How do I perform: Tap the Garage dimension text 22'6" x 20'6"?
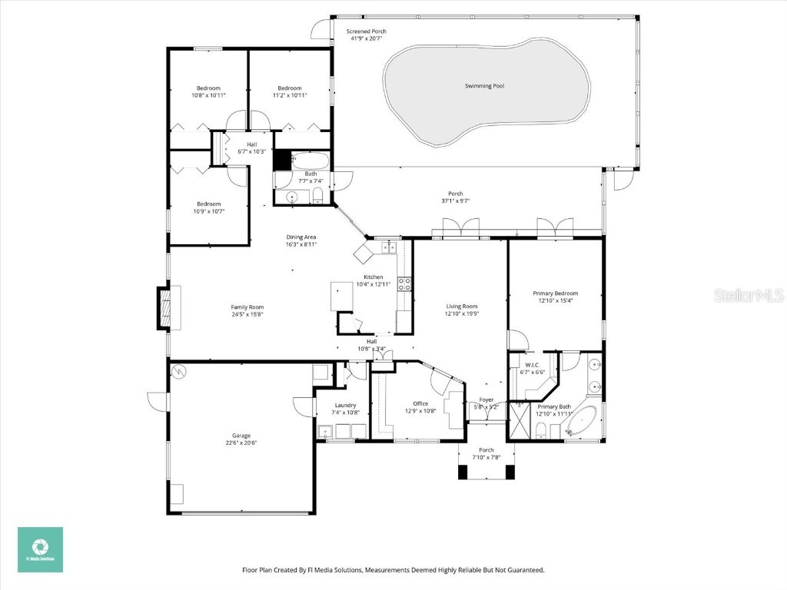pyautogui.click(x=240, y=442)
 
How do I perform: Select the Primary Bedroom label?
pyautogui.click(x=555, y=293)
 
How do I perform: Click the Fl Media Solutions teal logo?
pyautogui.click(x=40, y=549)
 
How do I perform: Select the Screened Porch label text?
pyautogui.click(x=366, y=31)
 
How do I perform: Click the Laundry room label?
pyautogui.click(x=345, y=405)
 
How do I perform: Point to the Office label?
pyautogui.click(x=420, y=403)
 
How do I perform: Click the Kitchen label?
pyautogui.click(x=374, y=277)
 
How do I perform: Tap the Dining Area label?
pyautogui.click(x=301, y=237)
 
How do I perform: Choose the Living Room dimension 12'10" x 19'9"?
pyautogui.click(x=462, y=313)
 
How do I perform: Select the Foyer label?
pyautogui.click(x=486, y=399)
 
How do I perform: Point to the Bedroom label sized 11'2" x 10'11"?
pyautogui.click(x=289, y=88)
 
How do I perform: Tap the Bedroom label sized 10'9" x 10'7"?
pyautogui.click(x=208, y=204)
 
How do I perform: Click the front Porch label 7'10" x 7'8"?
pyautogui.click(x=486, y=450)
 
